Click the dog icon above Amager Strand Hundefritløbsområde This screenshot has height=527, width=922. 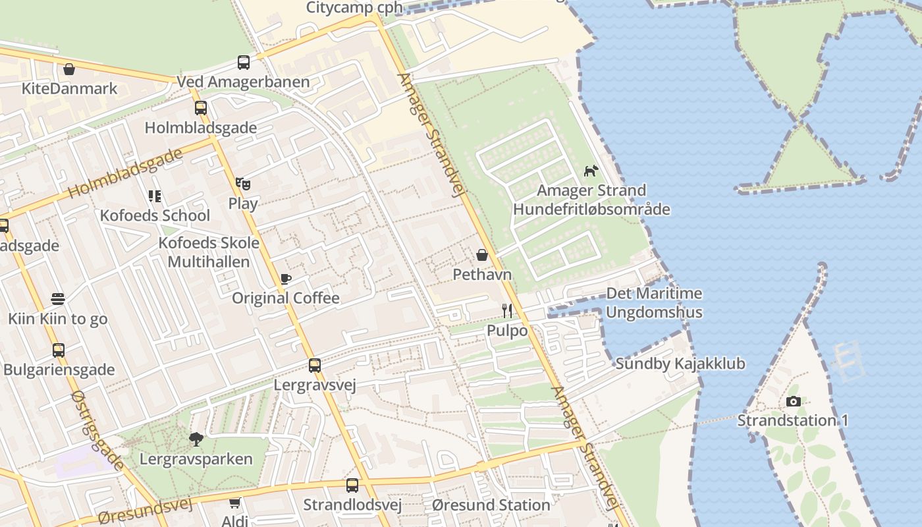point(591,171)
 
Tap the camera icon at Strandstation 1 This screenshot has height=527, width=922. point(794,401)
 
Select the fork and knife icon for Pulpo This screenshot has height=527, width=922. point(506,310)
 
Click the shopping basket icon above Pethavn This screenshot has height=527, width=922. point(482,255)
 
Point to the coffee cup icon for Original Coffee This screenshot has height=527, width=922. point(285,279)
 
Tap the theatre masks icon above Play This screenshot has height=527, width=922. point(243,184)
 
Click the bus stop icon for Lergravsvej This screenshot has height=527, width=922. point(315,365)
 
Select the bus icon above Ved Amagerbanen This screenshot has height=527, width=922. point(244,63)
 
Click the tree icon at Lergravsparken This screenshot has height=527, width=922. point(196,439)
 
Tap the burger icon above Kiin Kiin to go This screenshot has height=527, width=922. point(58,299)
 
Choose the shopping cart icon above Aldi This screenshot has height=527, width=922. point(234,503)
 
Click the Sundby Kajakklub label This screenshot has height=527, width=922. point(680,364)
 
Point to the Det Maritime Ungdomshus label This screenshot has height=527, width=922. point(654,303)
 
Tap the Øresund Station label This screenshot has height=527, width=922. point(491,505)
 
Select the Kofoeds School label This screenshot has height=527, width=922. point(155,215)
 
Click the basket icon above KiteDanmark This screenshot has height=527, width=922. point(69,69)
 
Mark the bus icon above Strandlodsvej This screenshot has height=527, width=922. point(352,485)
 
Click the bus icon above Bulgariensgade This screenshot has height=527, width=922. point(59,350)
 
